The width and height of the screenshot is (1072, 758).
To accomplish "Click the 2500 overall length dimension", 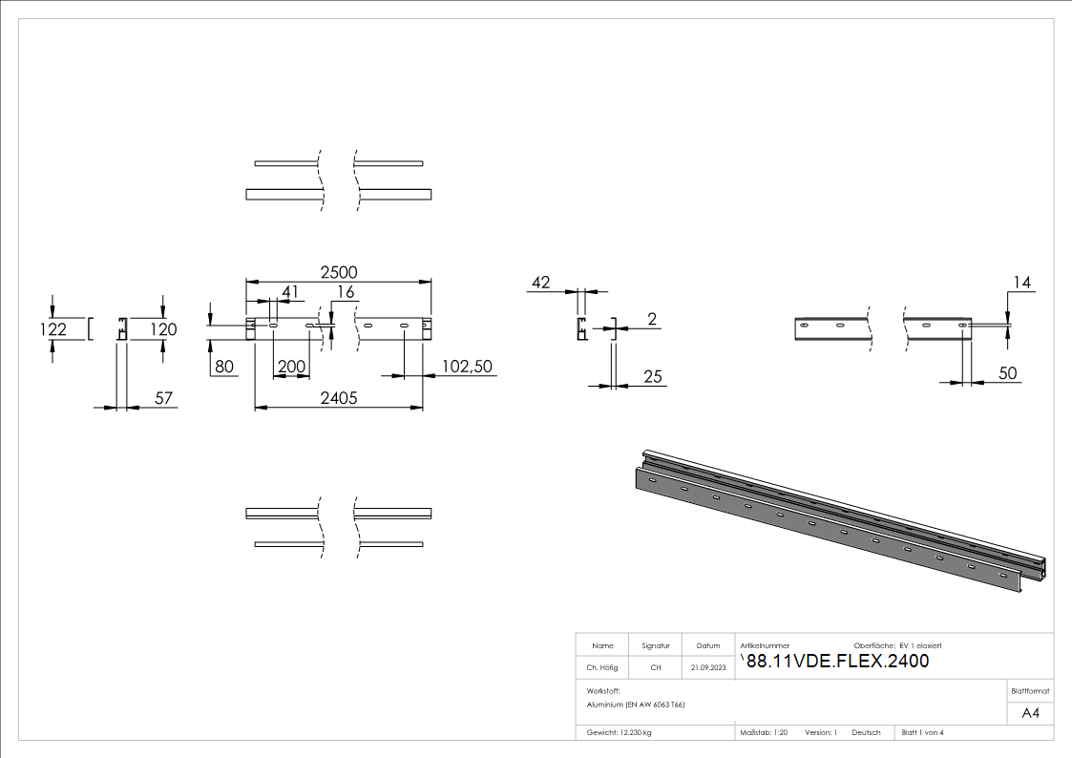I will click(338, 272).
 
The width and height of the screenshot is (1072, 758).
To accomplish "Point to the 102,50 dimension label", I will click(467, 366).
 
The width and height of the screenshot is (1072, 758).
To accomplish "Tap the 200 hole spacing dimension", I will click(291, 367).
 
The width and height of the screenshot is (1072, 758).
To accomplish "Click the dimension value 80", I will click(224, 367).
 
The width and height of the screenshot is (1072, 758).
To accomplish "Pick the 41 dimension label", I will click(289, 291).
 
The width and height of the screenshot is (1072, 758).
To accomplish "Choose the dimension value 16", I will click(345, 291).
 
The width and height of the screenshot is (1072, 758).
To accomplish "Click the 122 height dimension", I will click(55, 329).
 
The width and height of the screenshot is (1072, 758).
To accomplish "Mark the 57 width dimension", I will click(164, 398).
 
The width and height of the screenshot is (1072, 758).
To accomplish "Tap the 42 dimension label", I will click(541, 283).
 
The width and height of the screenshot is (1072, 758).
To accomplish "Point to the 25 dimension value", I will click(653, 377).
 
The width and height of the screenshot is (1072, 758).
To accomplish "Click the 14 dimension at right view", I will click(1023, 283).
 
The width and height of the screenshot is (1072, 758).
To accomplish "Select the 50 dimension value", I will click(1008, 373).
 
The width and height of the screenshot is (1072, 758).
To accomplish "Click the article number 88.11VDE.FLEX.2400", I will click(837, 662).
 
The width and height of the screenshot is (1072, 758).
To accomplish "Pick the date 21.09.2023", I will click(708, 667).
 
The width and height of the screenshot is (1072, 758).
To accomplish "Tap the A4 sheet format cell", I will click(1031, 713).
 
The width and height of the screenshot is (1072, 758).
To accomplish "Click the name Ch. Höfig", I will click(602, 667).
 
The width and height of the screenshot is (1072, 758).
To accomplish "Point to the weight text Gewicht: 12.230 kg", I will click(620, 732).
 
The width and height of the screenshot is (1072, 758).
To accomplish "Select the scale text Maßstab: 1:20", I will click(764, 732).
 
